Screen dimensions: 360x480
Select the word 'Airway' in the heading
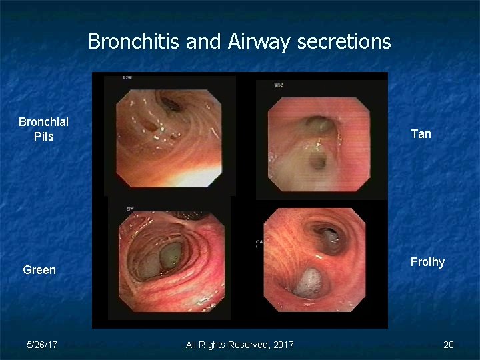point(259,42)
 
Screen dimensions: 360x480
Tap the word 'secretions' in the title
point(344,42)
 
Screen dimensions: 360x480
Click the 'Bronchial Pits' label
point(43,129)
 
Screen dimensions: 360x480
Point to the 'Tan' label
point(421,134)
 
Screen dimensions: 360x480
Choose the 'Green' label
point(39,270)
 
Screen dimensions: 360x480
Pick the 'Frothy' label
point(427,262)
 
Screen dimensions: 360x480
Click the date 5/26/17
point(42,345)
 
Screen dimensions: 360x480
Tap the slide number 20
point(448,345)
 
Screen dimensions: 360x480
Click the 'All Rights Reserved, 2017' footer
point(239,345)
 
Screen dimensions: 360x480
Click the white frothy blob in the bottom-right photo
point(309,281)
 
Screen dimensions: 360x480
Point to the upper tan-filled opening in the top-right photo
point(315,124)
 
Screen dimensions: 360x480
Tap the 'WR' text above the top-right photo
point(279,85)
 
